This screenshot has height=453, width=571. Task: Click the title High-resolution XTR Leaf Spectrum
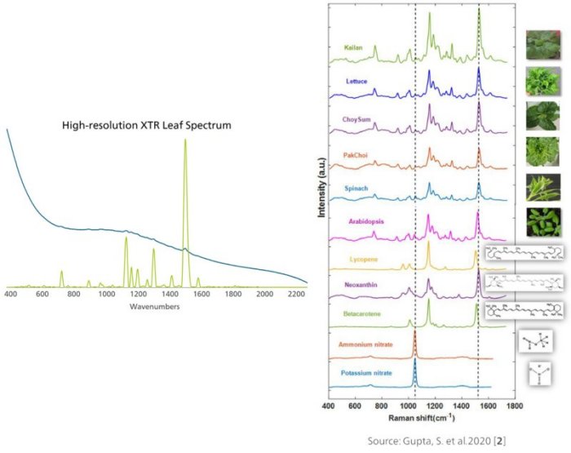(147, 126)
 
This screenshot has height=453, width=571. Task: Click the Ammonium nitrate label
(361, 345)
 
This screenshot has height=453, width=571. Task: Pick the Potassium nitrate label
(361, 373)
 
